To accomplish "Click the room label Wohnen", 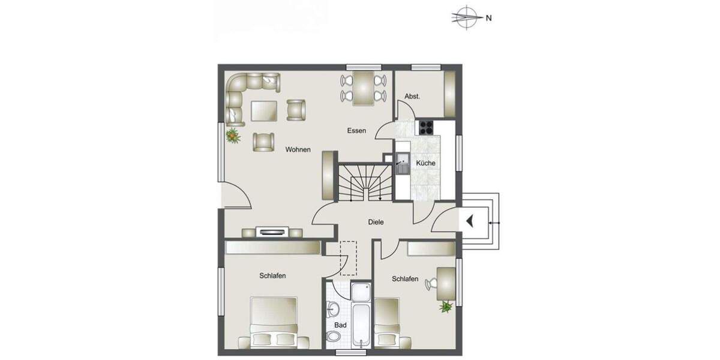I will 298,149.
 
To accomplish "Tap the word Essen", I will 356,130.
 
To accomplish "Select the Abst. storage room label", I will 412,96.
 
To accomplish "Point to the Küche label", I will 425,163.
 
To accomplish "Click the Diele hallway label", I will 376,222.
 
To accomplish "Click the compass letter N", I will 489,18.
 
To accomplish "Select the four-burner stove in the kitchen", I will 426,127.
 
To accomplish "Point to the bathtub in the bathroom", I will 361,325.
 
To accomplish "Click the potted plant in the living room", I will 232,136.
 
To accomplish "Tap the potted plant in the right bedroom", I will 446,307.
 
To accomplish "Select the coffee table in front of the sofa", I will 264,110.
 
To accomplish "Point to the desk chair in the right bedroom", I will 430,284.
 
